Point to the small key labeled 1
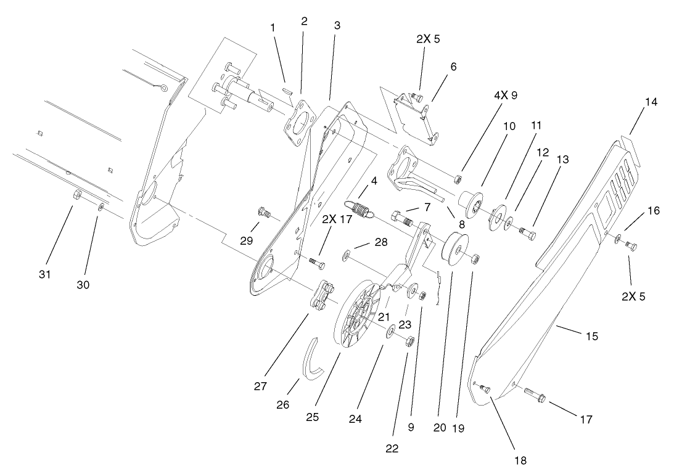287,91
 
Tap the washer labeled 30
101,206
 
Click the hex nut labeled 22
409,340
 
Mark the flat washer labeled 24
391,333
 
